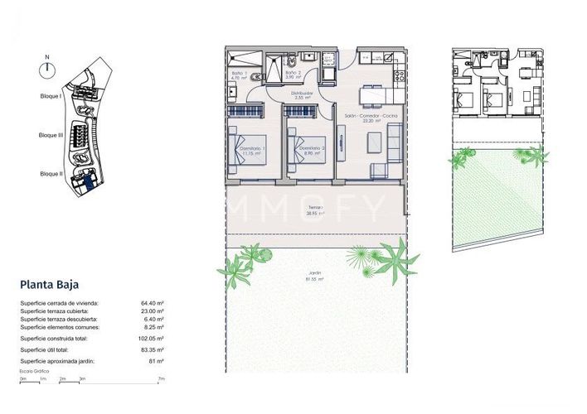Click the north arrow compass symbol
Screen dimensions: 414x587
point(47,70)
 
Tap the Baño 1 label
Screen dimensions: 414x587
point(240,75)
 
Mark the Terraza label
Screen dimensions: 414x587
point(315,209)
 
